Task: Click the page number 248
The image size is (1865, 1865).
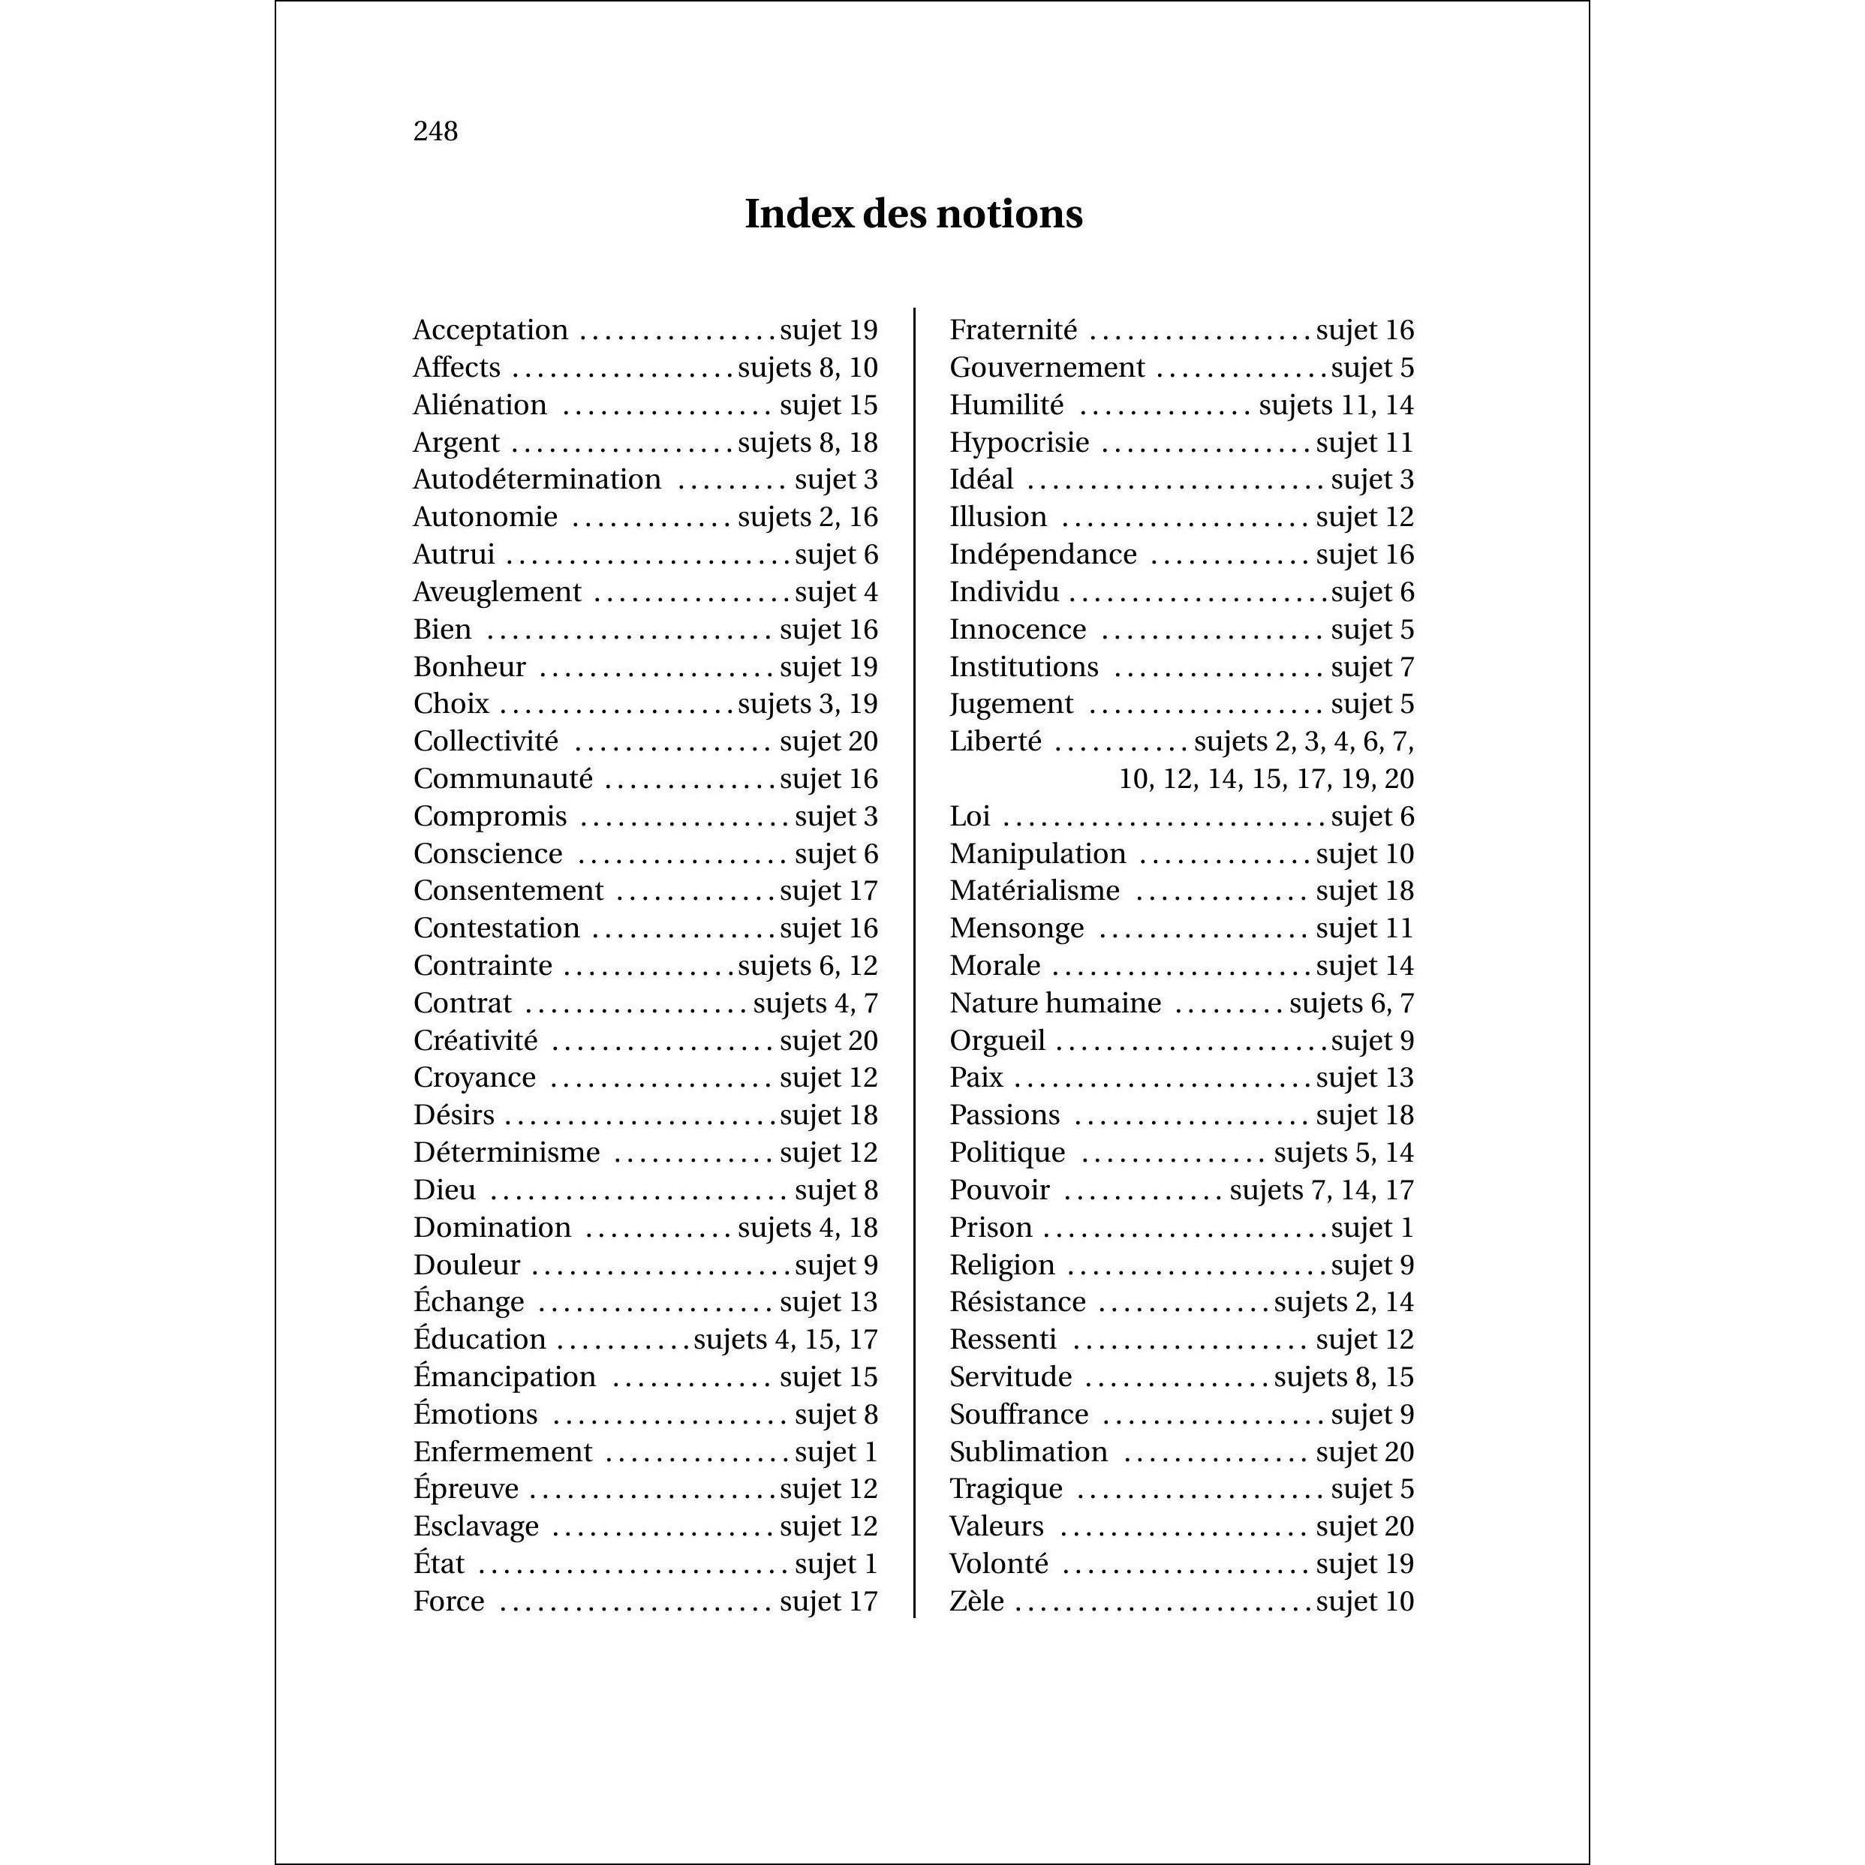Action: [435, 131]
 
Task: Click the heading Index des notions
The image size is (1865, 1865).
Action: [913, 213]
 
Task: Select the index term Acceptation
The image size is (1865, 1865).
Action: [490, 330]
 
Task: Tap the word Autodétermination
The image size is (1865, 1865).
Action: [537, 480]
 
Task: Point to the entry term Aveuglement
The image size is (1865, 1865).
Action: [497, 591]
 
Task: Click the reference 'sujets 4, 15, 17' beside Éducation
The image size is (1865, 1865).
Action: [786, 1340]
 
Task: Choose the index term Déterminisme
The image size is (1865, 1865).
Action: [507, 1153]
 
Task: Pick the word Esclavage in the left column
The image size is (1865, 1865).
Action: [476, 1527]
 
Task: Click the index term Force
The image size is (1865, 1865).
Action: [449, 1602]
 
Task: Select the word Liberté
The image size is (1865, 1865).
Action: [995, 741]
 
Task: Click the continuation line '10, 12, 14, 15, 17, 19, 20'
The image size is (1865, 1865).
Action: [1265, 779]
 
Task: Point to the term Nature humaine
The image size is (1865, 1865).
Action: [1055, 1003]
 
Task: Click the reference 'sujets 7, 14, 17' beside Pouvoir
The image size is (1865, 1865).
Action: [1322, 1190]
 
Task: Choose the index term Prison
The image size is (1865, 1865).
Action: [991, 1228]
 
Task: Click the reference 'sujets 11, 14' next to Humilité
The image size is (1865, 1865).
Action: [1336, 405]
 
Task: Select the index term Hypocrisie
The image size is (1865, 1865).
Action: [1019, 443]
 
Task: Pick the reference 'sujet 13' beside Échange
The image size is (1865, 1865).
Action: [829, 1302]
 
